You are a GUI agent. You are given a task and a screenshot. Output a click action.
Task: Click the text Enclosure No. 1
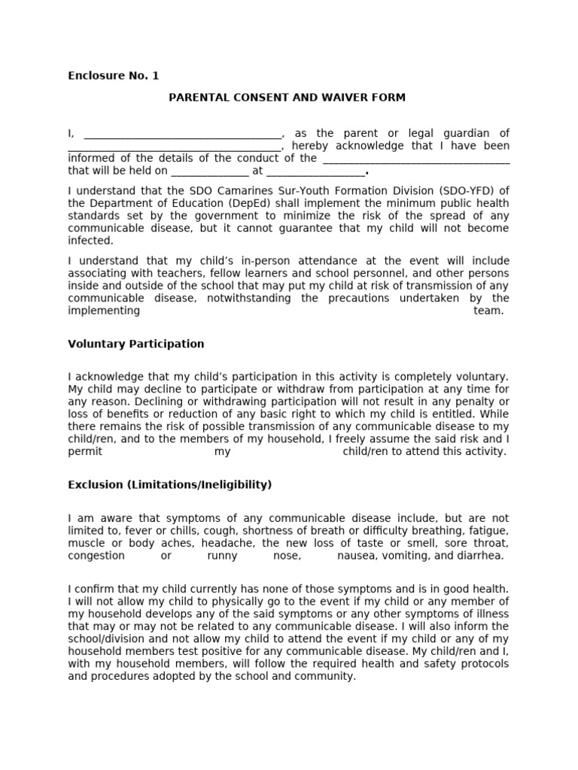click(114, 75)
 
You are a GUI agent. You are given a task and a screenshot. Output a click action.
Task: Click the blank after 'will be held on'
click(205, 172)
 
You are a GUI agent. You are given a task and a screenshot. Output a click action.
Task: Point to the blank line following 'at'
click(315, 172)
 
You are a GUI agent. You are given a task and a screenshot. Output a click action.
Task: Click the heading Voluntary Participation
click(136, 344)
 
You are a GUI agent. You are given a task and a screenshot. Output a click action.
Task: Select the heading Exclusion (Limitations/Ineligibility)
click(170, 485)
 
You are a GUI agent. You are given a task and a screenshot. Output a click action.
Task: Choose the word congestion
click(96, 556)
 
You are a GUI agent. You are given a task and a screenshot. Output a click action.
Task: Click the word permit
click(84, 451)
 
